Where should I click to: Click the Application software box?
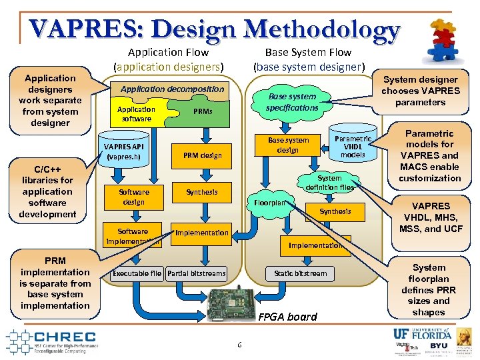136,114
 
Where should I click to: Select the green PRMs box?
203,111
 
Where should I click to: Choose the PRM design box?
201,156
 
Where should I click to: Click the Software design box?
133,197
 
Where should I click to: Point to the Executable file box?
137,273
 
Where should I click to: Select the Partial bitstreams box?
197,273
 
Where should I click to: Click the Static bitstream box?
301,273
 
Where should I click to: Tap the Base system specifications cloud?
292,102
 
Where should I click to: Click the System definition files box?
329,183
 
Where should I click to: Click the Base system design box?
288,145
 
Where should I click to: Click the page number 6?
239,345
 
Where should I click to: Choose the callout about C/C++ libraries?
47,191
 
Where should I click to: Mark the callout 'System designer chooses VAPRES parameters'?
420,91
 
